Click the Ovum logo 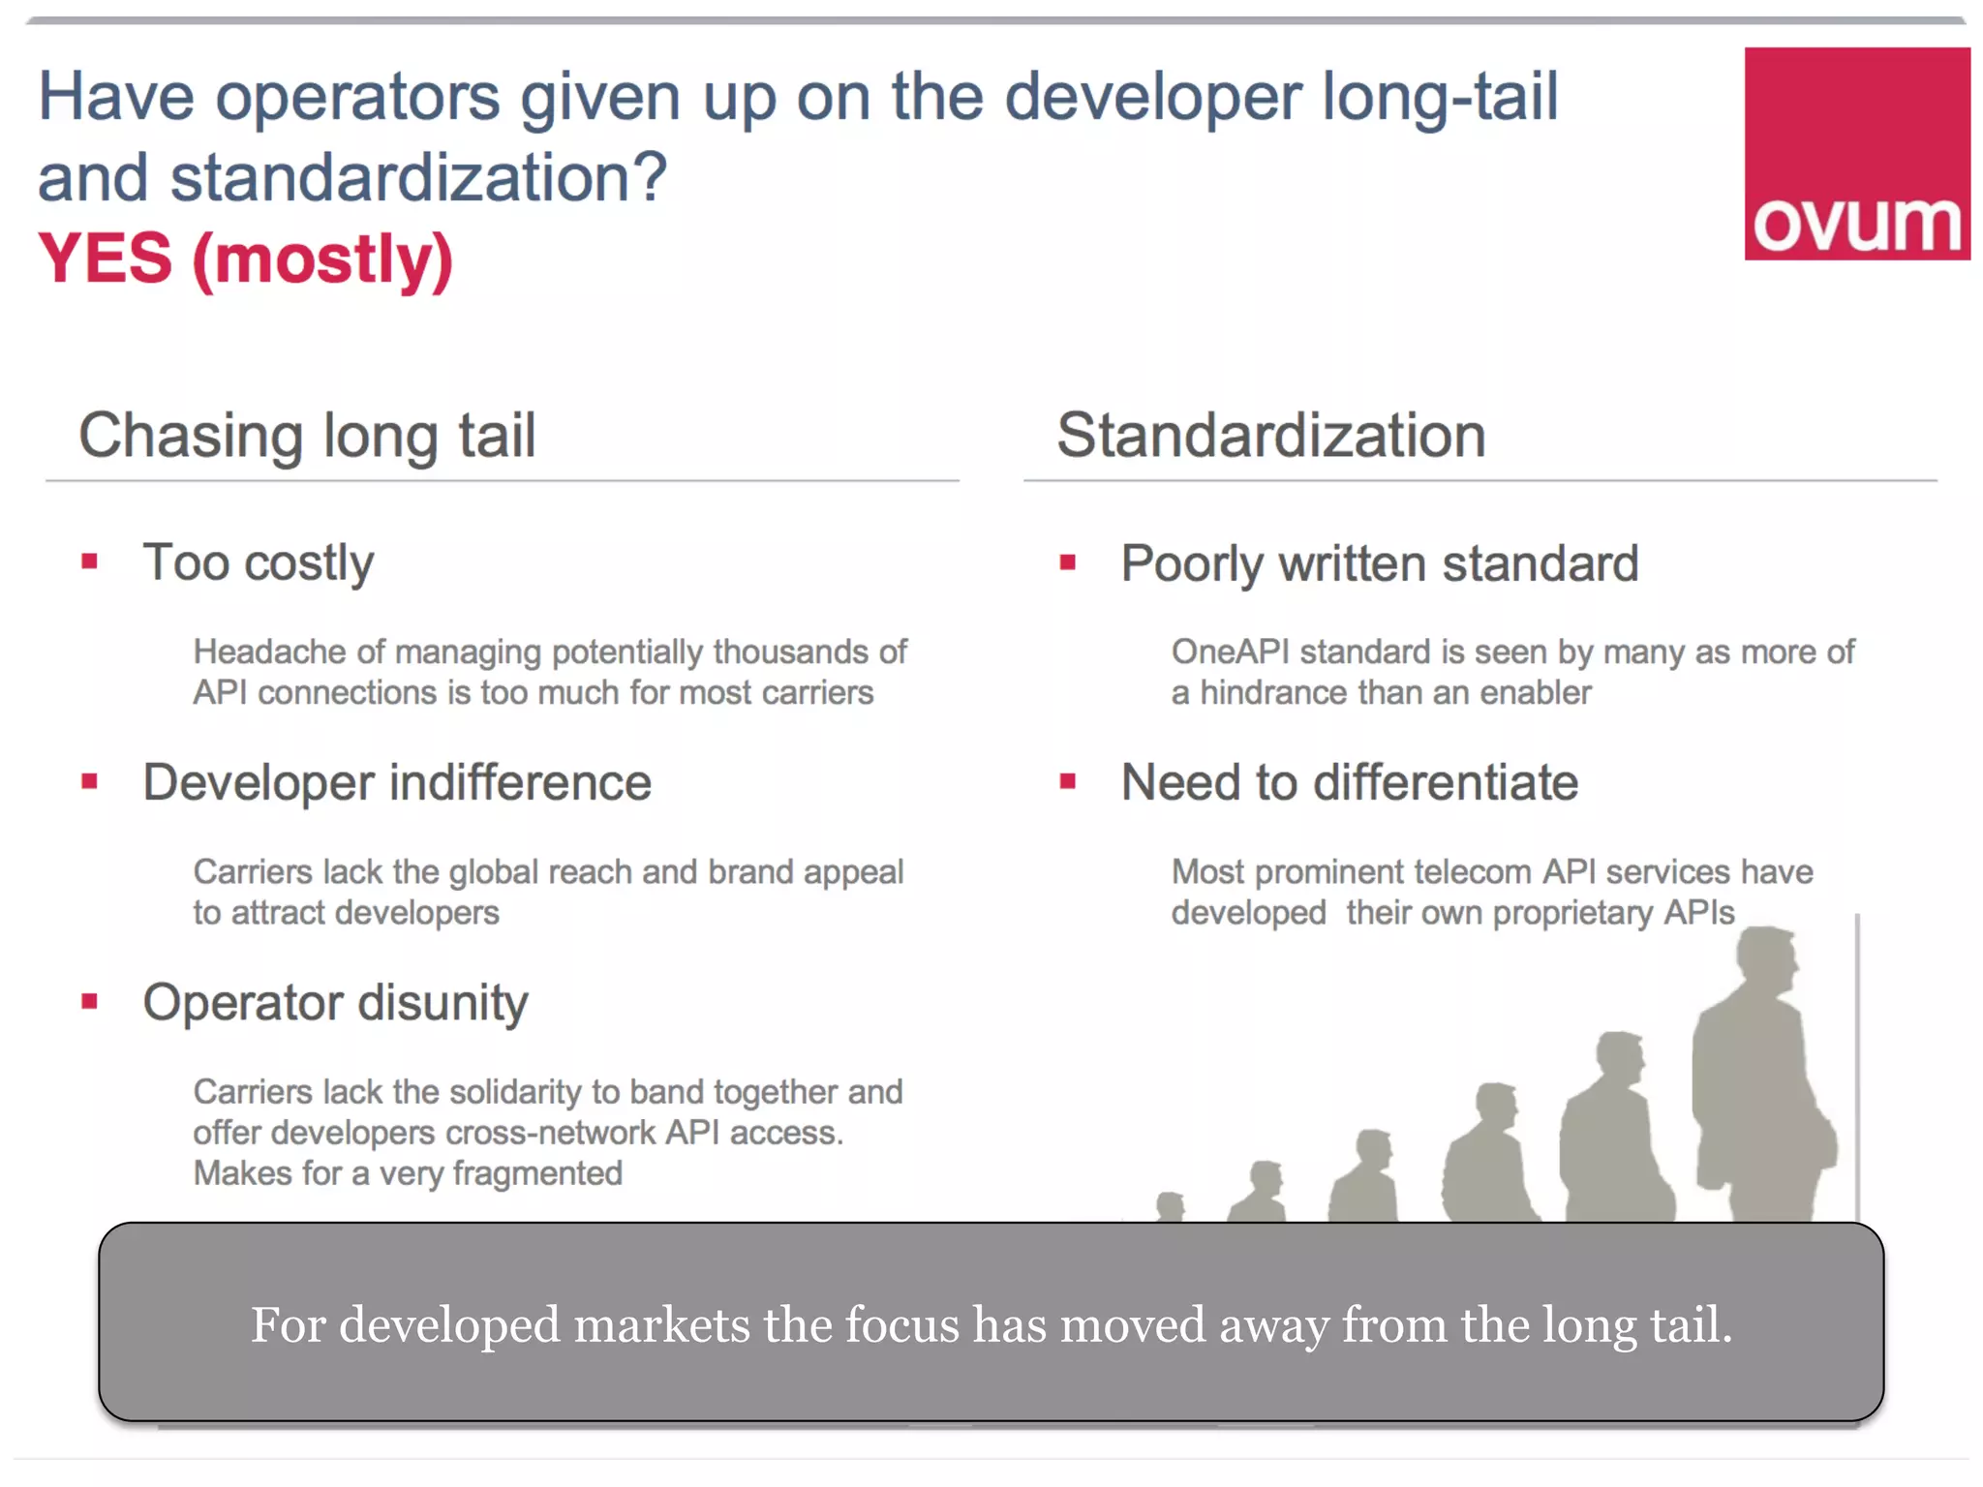1856,154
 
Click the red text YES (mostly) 245,259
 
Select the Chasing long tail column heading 307,436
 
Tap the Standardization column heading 1270,436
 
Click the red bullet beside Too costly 90,561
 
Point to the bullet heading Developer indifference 397,782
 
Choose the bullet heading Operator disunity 335,1002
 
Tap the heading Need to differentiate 1349,782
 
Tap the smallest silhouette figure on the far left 1171,1206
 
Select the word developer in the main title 1153,97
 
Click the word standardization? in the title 418,178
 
